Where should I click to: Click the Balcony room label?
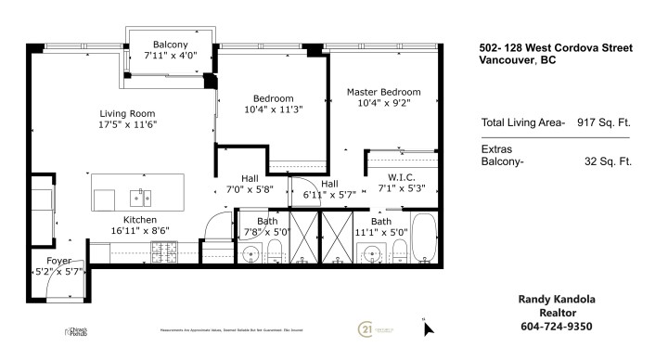(171, 45)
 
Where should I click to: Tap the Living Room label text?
(126, 114)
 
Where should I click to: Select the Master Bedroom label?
(383, 92)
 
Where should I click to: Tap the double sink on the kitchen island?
(141, 198)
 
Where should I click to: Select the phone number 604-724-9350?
(554, 326)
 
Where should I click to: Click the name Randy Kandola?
(554, 299)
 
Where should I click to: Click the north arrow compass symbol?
(427, 328)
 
